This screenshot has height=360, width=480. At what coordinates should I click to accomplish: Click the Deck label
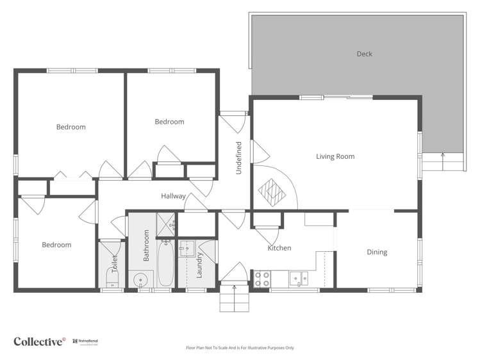point(364,54)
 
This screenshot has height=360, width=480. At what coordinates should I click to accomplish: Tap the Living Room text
point(335,156)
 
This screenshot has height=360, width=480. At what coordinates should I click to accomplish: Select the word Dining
point(377,252)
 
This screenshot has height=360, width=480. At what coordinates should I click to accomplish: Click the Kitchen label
point(279,248)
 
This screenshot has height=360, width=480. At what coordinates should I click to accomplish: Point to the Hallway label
point(174,197)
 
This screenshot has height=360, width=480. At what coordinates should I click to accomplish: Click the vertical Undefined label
point(238,158)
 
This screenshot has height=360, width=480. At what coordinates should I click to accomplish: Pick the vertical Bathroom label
point(146,245)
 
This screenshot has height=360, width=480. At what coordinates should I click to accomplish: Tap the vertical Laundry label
point(199,265)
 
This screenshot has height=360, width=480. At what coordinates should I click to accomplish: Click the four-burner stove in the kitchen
point(263,279)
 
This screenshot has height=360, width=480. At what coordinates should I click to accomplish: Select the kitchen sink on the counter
point(298,278)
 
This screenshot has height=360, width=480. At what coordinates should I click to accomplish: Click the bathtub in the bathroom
point(165,263)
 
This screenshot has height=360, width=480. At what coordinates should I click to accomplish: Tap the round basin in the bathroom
point(140,280)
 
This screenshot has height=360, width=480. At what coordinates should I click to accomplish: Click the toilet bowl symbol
point(112,279)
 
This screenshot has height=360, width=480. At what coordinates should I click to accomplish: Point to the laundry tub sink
point(187,247)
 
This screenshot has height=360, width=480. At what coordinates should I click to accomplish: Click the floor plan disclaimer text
point(240,348)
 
